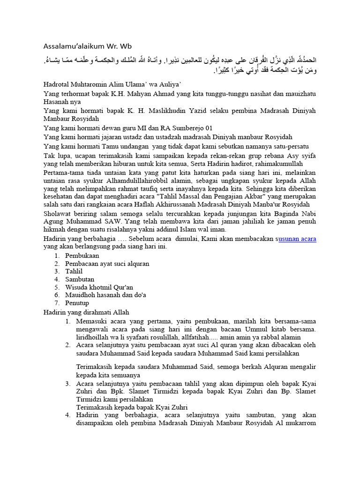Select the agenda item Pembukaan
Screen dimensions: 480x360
coord(82,256)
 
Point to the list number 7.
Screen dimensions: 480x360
coord(56,302)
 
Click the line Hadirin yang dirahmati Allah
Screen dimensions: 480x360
coord(86,312)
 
